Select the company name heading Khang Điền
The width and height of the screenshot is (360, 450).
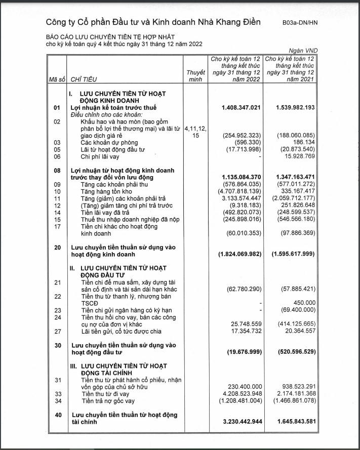click(153, 22)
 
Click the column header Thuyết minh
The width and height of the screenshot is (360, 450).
click(196, 76)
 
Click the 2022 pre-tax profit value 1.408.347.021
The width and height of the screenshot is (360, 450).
click(241, 108)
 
